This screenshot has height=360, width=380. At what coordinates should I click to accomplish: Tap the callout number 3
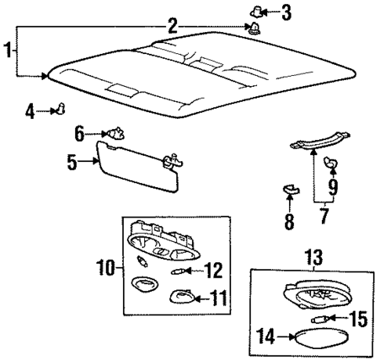(286, 13)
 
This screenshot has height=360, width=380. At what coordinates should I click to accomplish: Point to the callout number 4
(30, 111)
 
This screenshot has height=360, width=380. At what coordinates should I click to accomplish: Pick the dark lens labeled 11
(182, 297)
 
